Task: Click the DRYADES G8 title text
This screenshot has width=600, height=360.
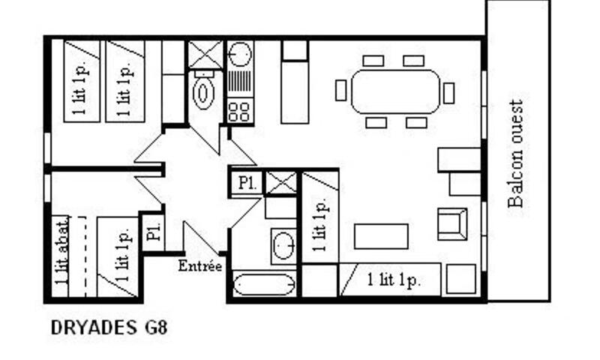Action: point(109,328)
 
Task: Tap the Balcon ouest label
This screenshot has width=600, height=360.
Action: point(515,154)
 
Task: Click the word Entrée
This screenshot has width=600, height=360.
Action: point(200,266)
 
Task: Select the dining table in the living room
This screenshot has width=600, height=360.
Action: point(395,91)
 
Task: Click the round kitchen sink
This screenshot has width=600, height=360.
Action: point(240,55)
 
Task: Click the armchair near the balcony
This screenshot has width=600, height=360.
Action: point(452,224)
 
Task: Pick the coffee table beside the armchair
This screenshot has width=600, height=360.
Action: point(381,236)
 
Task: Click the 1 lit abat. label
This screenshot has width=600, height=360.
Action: point(61,251)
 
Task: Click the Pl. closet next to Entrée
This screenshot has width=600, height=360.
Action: point(154,232)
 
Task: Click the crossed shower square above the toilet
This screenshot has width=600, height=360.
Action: point(205,55)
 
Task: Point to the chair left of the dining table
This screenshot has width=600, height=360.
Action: point(341,90)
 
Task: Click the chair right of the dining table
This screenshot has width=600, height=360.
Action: point(448,93)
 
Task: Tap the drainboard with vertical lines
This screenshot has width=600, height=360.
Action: point(240,82)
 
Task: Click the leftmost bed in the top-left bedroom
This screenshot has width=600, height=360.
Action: point(82,82)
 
